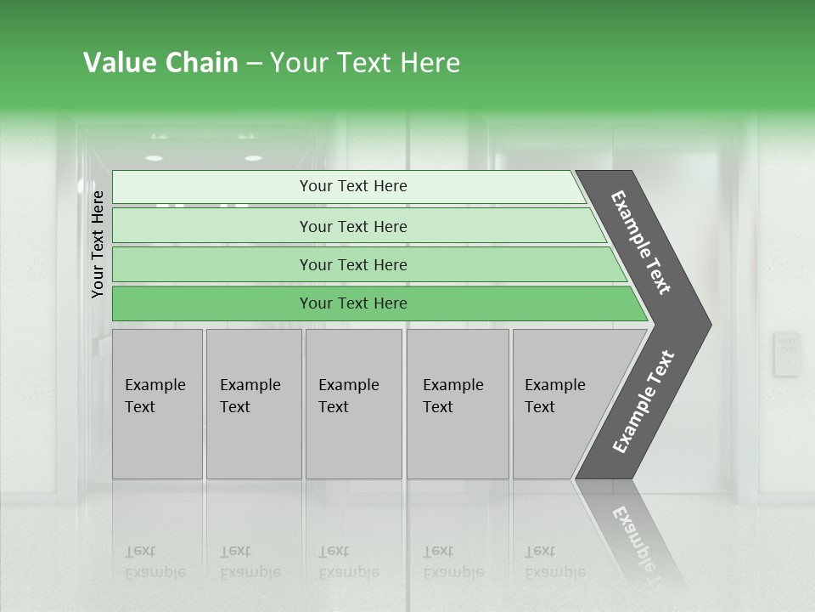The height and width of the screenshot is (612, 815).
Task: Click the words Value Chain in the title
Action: click(160, 63)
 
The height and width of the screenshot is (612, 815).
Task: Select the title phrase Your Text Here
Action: click(365, 63)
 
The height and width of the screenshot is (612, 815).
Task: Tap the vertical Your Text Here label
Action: click(98, 244)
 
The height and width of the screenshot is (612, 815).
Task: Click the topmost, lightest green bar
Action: click(353, 186)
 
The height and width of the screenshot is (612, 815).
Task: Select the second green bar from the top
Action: click(353, 226)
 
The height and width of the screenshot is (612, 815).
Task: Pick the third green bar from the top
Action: click(353, 264)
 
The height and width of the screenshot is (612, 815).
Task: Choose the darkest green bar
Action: click(353, 303)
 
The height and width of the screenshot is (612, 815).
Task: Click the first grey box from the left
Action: click(157, 404)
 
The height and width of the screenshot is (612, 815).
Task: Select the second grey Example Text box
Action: click(254, 404)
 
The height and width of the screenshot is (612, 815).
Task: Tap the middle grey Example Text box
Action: click(353, 404)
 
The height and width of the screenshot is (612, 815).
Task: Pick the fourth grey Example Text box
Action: click(458, 404)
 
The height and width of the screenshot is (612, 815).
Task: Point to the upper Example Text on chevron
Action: click(641, 242)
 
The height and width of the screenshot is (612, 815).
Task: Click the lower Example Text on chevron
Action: click(643, 402)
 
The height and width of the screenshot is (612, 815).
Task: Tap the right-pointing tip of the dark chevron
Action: click(706, 325)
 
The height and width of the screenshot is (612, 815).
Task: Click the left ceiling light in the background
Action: click(154, 158)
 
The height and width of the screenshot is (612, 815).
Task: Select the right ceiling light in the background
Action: click(253, 158)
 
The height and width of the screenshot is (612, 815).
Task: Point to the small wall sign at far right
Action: click(786, 354)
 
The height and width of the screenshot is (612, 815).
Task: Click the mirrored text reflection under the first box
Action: click(155, 562)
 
